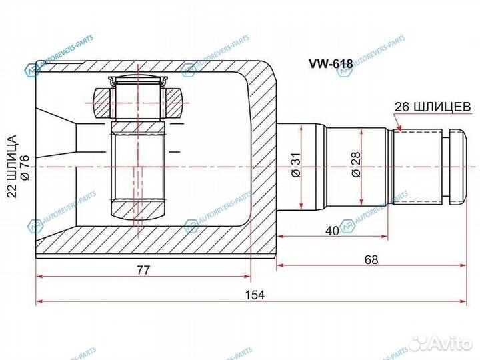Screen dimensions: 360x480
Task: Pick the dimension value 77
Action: tap(143, 269)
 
